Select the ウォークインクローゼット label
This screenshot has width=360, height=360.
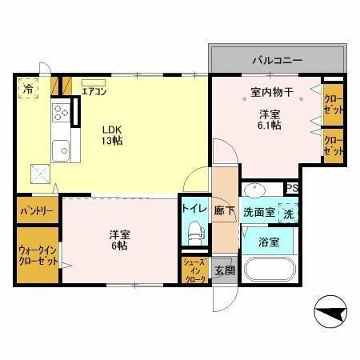coord(38,255)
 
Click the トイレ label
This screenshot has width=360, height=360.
coord(194,208)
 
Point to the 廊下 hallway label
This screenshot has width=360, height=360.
coord(225,211)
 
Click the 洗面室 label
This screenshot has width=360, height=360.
coord(258,213)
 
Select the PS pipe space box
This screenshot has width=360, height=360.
coord(293,188)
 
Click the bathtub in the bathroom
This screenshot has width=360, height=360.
coord(268,271)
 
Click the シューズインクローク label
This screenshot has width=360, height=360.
coord(194,271)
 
